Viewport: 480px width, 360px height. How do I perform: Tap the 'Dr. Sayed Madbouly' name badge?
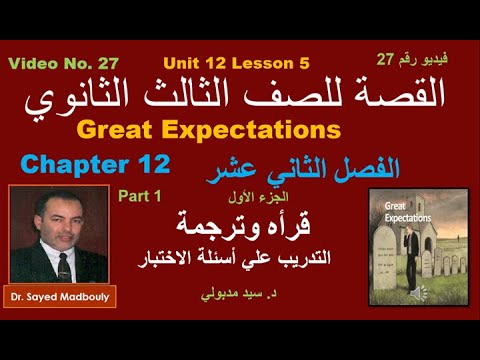click(x=61, y=297)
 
